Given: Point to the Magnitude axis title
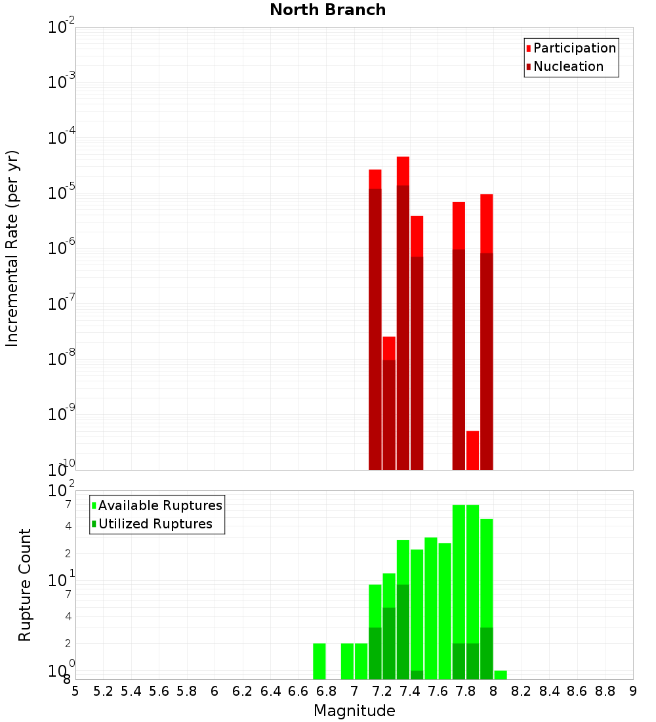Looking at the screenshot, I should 354,711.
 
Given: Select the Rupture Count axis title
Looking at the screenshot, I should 25,585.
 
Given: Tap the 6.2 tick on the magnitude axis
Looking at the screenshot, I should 243,691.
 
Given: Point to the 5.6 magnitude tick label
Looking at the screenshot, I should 159,691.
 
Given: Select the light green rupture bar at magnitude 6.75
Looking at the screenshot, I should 319,661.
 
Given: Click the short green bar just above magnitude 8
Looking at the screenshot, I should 501,675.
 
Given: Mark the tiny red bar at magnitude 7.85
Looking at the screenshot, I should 472,450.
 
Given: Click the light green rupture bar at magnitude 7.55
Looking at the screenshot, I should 431,608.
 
